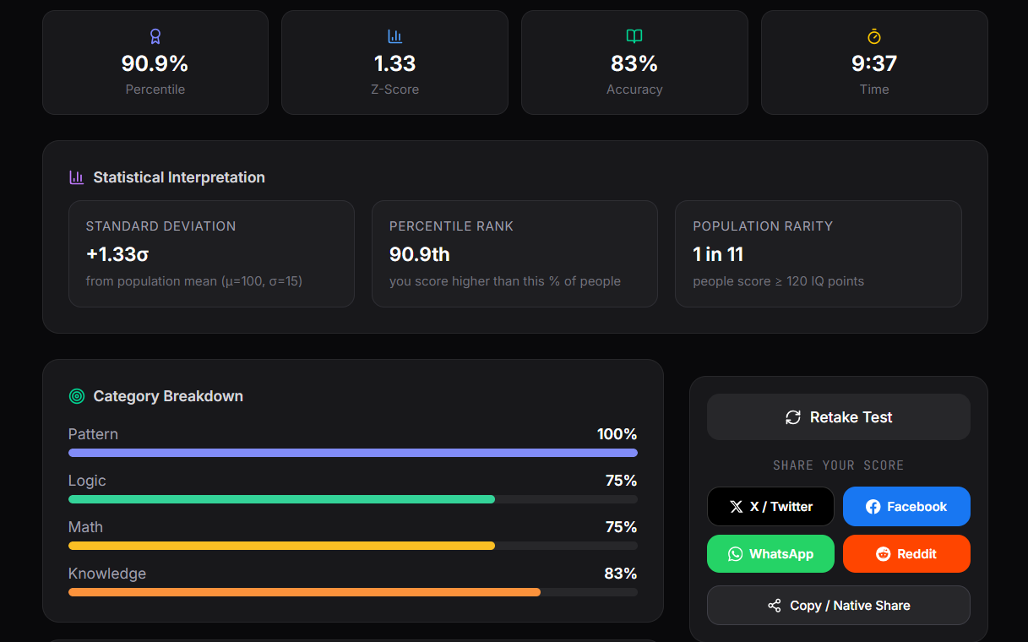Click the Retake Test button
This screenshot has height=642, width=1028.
pos(838,417)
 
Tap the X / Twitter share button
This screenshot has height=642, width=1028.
pos(770,507)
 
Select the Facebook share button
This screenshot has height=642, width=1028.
pos(906,507)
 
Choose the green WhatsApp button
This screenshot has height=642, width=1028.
pos(770,554)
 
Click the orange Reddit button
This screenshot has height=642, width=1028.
pos(906,554)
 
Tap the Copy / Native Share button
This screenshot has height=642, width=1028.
pos(838,606)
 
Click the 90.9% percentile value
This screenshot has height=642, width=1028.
pos(155,63)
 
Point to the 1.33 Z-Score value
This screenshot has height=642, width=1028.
pos(394,63)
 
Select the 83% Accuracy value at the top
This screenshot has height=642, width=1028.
pos(634,63)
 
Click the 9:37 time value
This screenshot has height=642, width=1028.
pos(874,63)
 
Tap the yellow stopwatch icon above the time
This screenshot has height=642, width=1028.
pos(874,36)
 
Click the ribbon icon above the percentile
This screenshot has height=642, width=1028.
pos(155,36)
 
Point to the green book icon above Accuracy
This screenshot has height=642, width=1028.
pos(634,36)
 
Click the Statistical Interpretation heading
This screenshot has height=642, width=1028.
pos(179,177)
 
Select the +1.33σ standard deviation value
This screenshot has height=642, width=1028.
pos(117,254)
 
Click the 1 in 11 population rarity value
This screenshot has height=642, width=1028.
pos(718,254)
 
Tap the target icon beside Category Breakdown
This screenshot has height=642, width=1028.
pos(77,396)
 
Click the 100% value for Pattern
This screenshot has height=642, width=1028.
pos(617,434)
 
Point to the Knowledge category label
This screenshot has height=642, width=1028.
pos(107,574)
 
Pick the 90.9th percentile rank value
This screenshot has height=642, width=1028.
pos(420,254)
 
